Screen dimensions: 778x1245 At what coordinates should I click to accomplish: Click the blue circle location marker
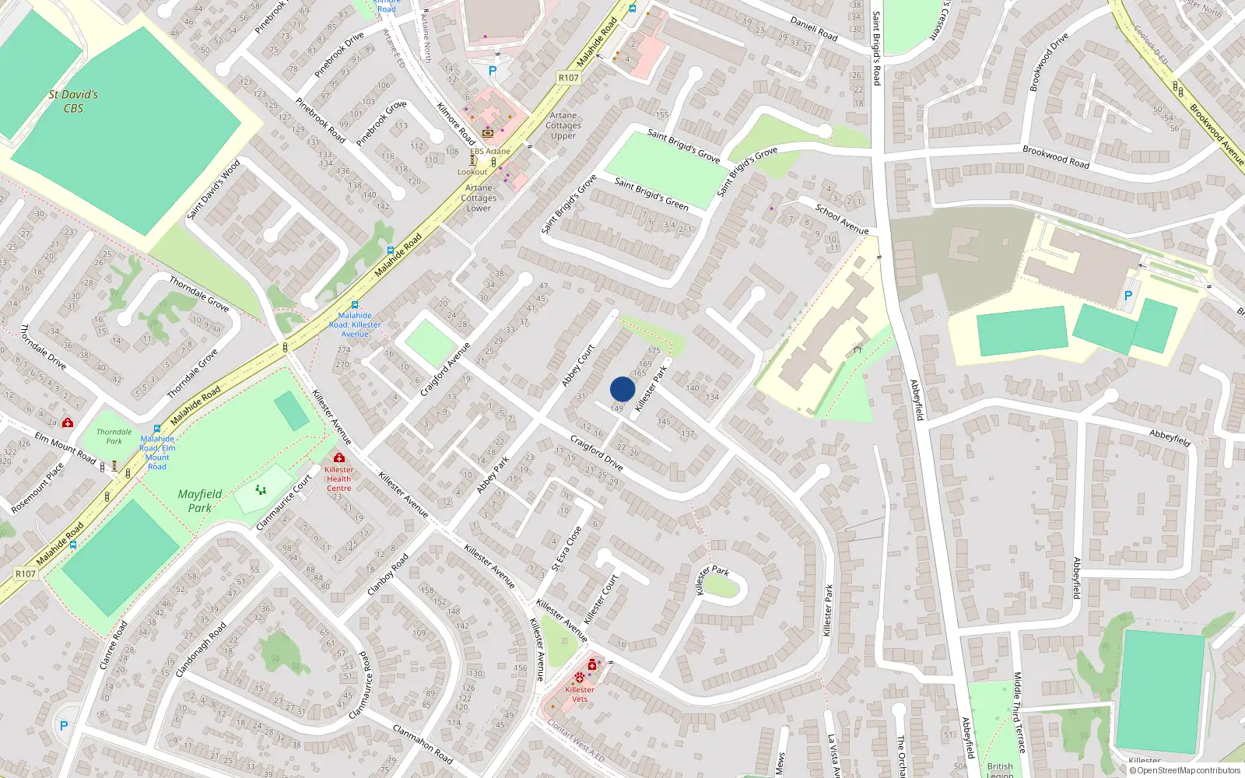(622, 389)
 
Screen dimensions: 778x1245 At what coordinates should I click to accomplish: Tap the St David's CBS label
(73, 101)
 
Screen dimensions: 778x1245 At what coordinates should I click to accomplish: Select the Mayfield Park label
(200, 501)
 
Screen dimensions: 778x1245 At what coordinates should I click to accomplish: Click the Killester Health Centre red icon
(338, 457)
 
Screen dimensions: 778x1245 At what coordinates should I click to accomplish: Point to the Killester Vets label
(580, 694)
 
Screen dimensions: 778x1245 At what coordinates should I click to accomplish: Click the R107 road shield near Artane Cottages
(569, 78)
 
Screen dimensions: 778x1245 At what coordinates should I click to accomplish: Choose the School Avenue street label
(842, 219)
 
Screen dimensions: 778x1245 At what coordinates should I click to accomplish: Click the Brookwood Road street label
(1056, 157)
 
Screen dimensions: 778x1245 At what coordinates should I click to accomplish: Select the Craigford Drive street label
(597, 454)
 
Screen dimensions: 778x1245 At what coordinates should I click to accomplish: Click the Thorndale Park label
(114, 436)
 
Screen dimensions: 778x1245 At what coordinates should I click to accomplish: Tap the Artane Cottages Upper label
(563, 125)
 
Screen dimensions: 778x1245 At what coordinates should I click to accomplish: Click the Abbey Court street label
(578, 366)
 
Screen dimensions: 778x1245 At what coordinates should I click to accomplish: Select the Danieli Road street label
(814, 29)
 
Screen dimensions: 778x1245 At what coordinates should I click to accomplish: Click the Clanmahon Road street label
(423, 744)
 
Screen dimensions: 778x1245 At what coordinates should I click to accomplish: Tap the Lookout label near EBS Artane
(472, 172)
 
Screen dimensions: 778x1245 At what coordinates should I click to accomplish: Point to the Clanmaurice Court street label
(284, 503)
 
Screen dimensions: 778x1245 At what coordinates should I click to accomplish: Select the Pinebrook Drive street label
(339, 54)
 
